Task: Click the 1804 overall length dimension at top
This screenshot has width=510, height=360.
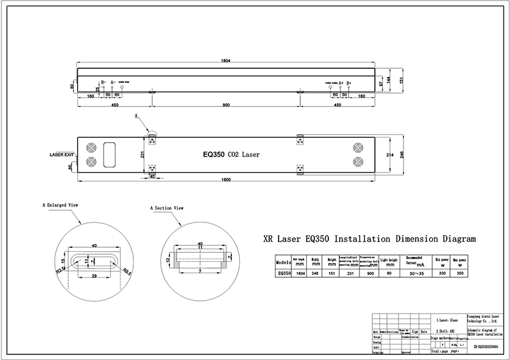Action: point(225,60)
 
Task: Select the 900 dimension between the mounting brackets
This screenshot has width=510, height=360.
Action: point(226,104)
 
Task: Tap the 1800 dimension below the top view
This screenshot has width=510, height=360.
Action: point(225,182)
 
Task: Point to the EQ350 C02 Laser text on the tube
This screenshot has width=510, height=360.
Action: point(231,154)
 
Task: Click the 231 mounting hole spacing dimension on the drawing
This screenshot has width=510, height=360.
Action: point(143,154)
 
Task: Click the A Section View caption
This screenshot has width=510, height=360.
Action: point(166,208)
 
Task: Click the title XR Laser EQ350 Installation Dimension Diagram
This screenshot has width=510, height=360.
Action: point(369,240)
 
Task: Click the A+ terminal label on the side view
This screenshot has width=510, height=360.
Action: point(342,83)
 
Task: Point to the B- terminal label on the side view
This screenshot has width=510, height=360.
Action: point(103,83)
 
